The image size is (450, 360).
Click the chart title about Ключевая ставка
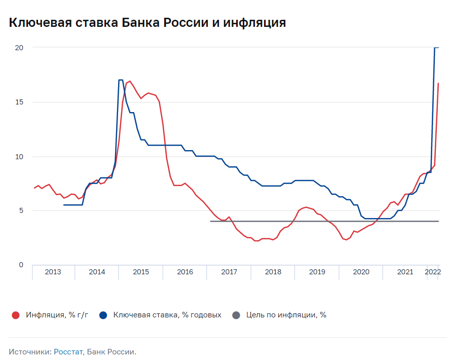point(147,23)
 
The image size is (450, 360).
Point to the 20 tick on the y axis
point(20,48)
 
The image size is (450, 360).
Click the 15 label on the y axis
point(20,102)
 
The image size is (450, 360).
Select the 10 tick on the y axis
point(20,156)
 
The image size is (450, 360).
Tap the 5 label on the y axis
point(21,210)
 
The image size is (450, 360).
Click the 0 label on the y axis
point(21,265)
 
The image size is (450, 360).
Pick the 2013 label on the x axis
point(53,272)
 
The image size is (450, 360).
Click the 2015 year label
point(141,272)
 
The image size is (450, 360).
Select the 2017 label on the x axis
point(229,272)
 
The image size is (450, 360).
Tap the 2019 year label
point(317,272)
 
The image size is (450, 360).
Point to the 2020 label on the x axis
point(361,272)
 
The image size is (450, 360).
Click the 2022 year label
point(433,272)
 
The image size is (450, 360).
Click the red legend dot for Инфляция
point(16,315)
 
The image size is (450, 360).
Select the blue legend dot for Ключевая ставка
point(103,315)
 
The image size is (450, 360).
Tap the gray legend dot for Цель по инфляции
point(236,315)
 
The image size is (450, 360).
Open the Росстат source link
point(68,351)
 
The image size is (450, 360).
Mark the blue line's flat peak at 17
point(121,80)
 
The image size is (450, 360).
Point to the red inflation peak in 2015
point(130,81)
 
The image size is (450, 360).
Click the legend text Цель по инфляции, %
point(286,315)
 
